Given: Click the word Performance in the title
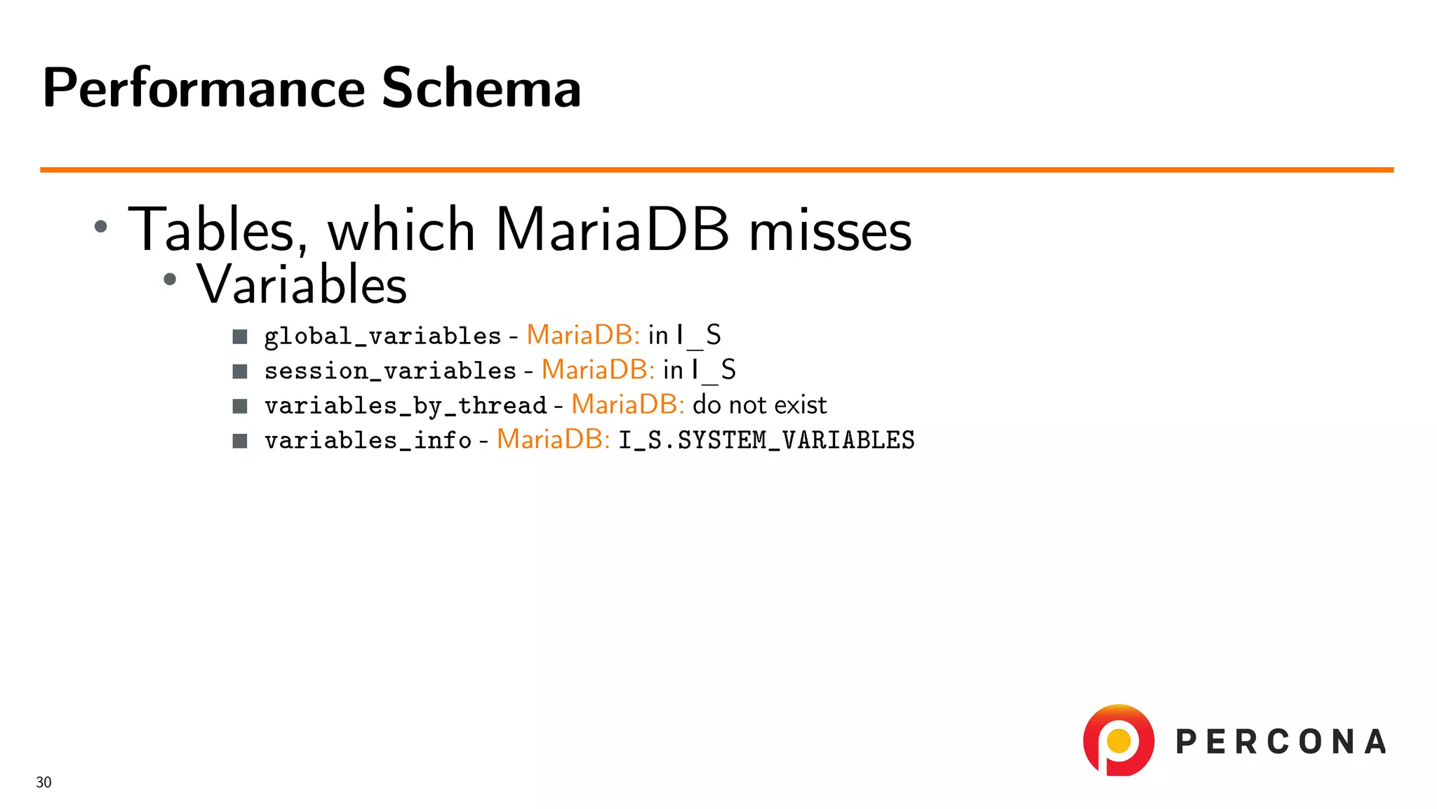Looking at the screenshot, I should [x=203, y=88].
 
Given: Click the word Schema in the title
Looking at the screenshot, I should [x=481, y=88].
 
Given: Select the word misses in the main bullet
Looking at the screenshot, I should [x=830, y=232].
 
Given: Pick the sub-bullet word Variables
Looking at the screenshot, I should [x=302, y=285].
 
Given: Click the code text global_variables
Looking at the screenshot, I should [x=382, y=336].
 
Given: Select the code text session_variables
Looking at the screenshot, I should [x=390, y=371].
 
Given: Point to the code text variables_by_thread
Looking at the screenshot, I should [x=405, y=406].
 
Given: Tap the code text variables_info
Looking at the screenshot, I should [x=368, y=441].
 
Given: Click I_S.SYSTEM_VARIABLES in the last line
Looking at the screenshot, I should [x=766, y=441].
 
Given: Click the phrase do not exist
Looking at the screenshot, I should [x=759, y=405].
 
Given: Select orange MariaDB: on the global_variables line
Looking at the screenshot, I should [x=582, y=335].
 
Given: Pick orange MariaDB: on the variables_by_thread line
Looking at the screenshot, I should [x=627, y=405].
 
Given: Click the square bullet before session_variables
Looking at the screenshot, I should [x=240, y=371].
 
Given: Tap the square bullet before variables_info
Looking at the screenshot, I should [x=240, y=441].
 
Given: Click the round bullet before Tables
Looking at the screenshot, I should [x=101, y=226].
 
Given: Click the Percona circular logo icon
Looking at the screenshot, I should [x=1118, y=740].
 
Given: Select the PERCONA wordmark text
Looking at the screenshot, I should [x=1281, y=742].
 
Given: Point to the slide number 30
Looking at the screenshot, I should [x=44, y=782].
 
